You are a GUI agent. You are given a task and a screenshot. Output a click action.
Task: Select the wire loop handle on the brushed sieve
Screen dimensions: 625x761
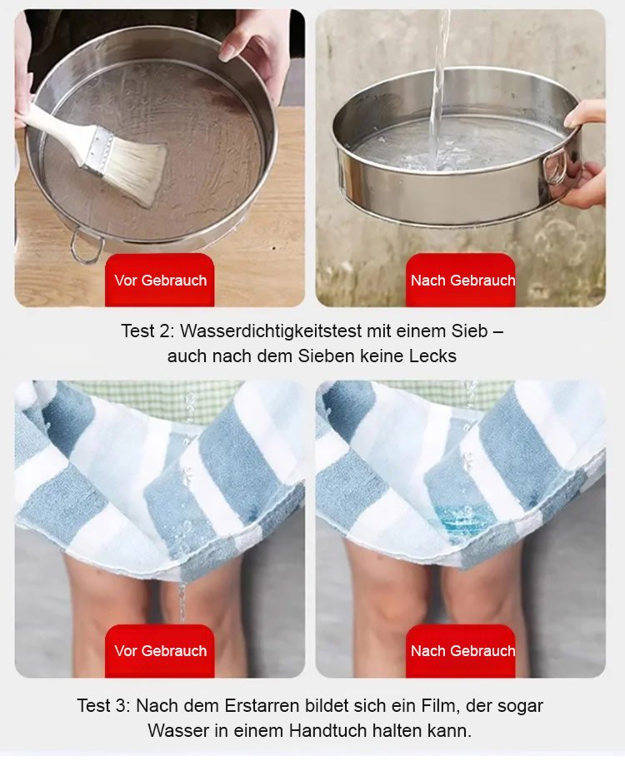click(x=87, y=246)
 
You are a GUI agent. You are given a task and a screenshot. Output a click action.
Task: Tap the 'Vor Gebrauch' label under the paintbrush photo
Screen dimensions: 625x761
click(x=160, y=281)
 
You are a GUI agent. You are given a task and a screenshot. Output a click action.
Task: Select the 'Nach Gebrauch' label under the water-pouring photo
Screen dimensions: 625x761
click(x=462, y=281)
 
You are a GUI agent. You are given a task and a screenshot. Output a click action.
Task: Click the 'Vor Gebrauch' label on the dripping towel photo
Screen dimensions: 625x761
click(x=160, y=651)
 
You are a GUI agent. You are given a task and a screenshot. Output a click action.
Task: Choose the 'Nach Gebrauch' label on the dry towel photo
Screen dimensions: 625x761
click(x=462, y=651)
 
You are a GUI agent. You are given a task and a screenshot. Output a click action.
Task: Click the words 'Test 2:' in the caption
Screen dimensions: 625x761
click(x=147, y=331)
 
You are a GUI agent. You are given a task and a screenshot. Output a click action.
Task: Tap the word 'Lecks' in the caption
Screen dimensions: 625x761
click(x=432, y=356)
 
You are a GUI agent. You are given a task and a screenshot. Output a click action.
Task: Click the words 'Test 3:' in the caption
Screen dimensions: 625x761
click(x=103, y=706)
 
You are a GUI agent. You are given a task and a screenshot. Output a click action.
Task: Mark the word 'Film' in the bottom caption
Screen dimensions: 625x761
click(x=442, y=706)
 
